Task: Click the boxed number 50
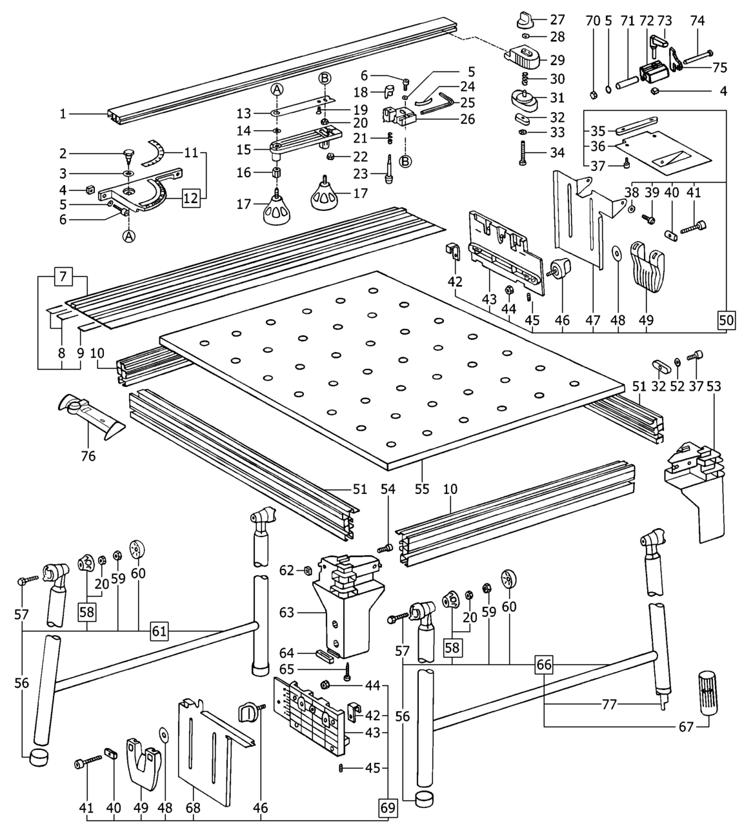(727, 320)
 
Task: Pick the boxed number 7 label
(63, 277)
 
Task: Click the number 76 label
(88, 456)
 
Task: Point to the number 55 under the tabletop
(422, 489)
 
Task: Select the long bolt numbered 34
(521, 153)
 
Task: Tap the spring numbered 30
(526, 78)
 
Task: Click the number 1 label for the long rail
(63, 113)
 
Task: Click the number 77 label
(609, 705)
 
